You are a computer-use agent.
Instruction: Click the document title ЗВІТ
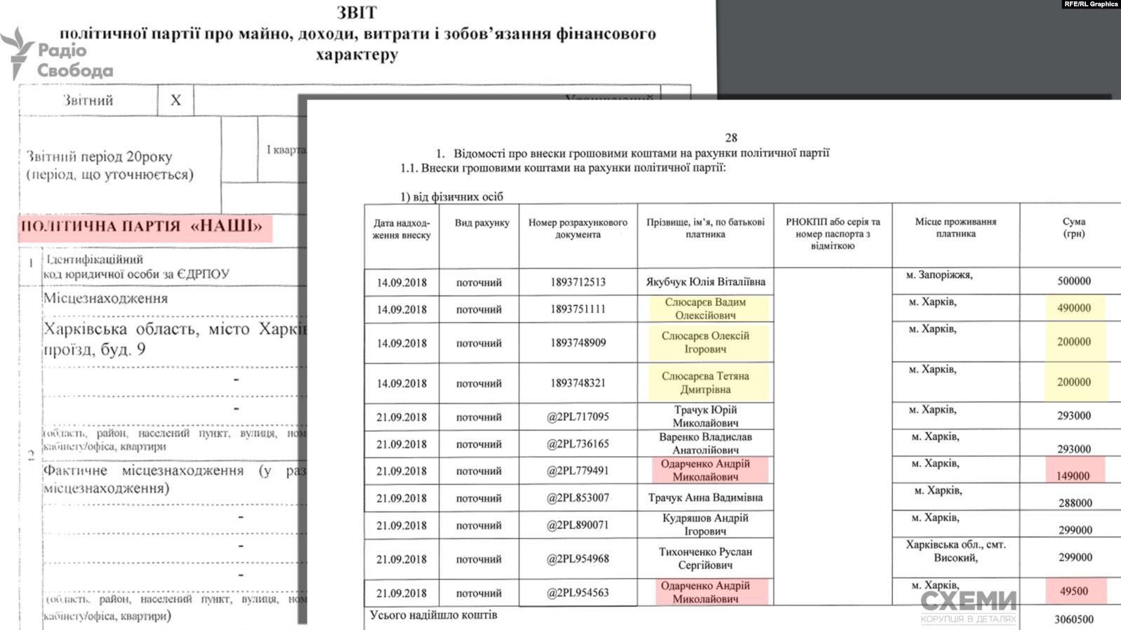pos(357,13)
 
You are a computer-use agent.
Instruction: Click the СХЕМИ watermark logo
pos(968,603)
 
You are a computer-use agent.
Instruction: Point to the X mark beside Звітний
pos(175,100)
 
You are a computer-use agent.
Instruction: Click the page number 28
pos(731,138)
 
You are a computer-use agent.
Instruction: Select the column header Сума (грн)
pos(1073,227)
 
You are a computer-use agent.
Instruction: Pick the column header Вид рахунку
pos(482,223)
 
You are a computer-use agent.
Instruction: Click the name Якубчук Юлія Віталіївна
pos(705,282)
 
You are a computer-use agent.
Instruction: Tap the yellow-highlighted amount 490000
pos(1074,308)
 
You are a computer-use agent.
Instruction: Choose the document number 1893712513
pos(578,282)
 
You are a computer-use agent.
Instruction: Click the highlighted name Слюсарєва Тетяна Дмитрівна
pos(705,382)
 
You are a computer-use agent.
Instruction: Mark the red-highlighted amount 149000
pos(1073,476)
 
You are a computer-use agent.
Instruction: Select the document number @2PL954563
pos(578,593)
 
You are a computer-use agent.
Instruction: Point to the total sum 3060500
pos(1073,619)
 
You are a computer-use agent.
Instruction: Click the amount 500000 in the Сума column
pos(1074,281)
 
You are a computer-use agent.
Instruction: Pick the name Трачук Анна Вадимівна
pos(705,497)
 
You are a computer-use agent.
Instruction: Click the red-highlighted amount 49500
pos(1074,591)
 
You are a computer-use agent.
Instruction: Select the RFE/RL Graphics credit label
pos(1091,4)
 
